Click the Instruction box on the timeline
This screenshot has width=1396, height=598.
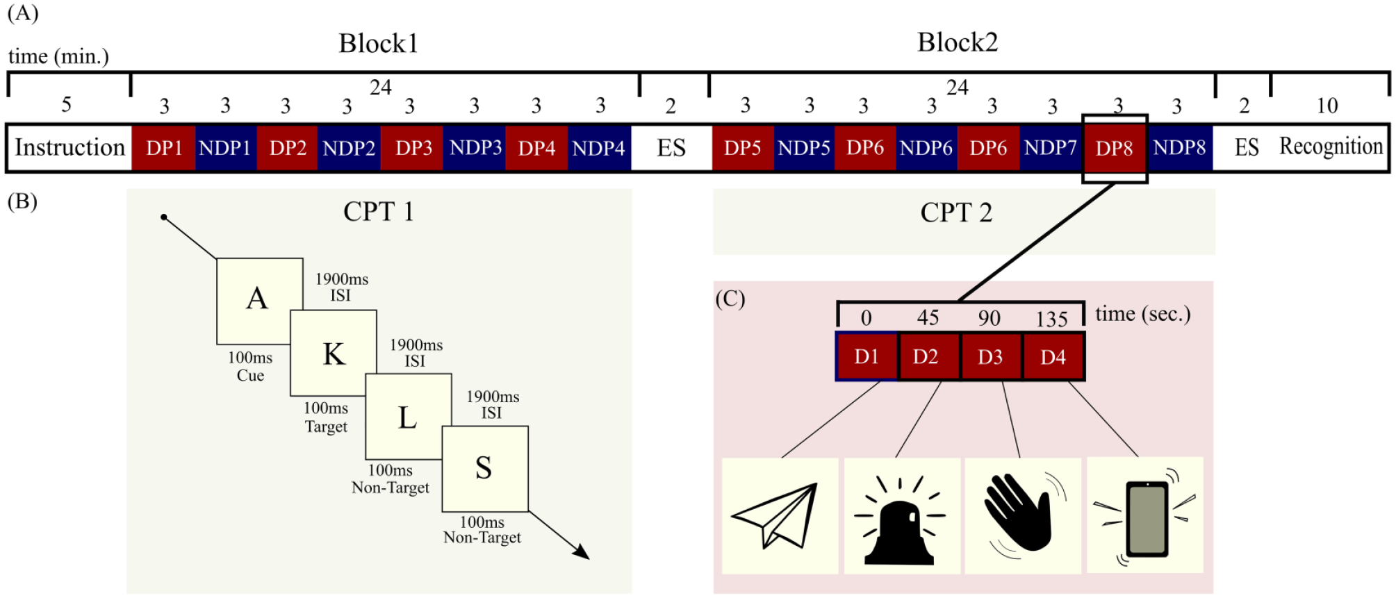tap(69, 147)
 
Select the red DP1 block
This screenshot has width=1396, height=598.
tap(164, 147)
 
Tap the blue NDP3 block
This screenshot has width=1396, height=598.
tap(475, 147)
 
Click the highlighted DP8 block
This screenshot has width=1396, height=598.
tap(1114, 148)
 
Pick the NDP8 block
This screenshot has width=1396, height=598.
tap(1179, 147)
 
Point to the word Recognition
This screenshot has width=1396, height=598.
tap(1331, 147)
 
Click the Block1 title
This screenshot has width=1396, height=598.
tap(378, 43)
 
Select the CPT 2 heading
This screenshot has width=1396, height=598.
tap(956, 213)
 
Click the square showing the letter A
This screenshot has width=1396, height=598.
tap(260, 301)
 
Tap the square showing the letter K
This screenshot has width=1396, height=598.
tap(334, 353)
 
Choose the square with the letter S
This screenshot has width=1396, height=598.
tap(485, 469)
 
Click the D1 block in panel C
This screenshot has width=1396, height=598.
tap(867, 356)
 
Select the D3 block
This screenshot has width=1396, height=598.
tap(991, 356)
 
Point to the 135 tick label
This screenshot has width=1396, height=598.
tap(1051, 319)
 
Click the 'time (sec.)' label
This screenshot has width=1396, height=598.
tap(1143, 314)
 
